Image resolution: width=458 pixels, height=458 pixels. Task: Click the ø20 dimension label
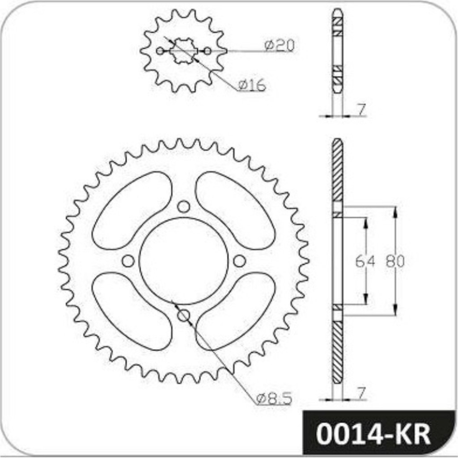click(x=280, y=46)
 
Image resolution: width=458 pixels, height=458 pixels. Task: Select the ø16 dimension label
click(x=252, y=85)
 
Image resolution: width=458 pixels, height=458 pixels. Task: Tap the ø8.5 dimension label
click(x=274, y=399)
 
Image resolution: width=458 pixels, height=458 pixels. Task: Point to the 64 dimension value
click(x=365, y=261)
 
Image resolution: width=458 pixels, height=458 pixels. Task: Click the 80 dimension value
click(x=395, y=261)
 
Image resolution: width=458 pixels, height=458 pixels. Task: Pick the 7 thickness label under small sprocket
click(x=361, y=110)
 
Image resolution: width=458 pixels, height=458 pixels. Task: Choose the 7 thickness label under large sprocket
click(x=361, y=393)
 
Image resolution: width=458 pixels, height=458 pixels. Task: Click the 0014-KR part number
click(x=373, y=434)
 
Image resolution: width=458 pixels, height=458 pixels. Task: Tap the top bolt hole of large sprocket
click(x=183, y=207)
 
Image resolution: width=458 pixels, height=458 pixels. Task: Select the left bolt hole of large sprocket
click(x=128, y=261)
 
